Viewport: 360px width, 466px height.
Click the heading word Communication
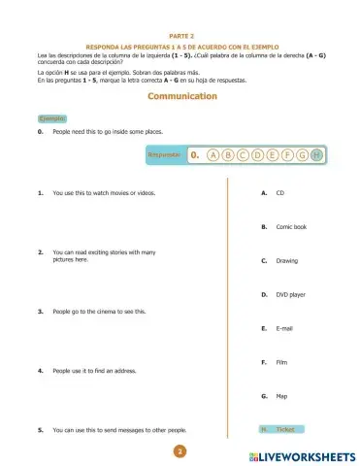[x=181, y=97]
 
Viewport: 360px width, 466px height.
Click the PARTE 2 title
[x=181, y=34]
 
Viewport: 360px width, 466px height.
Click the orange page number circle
[x=180, y=451]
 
